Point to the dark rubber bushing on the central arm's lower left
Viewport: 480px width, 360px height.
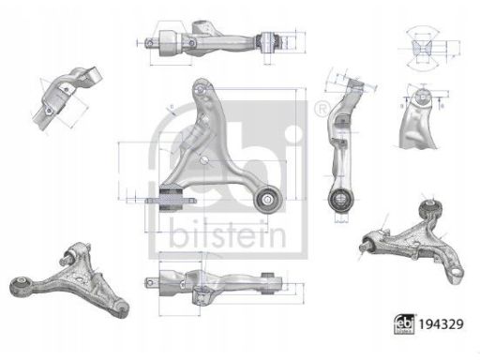click(x=172, y=198)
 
